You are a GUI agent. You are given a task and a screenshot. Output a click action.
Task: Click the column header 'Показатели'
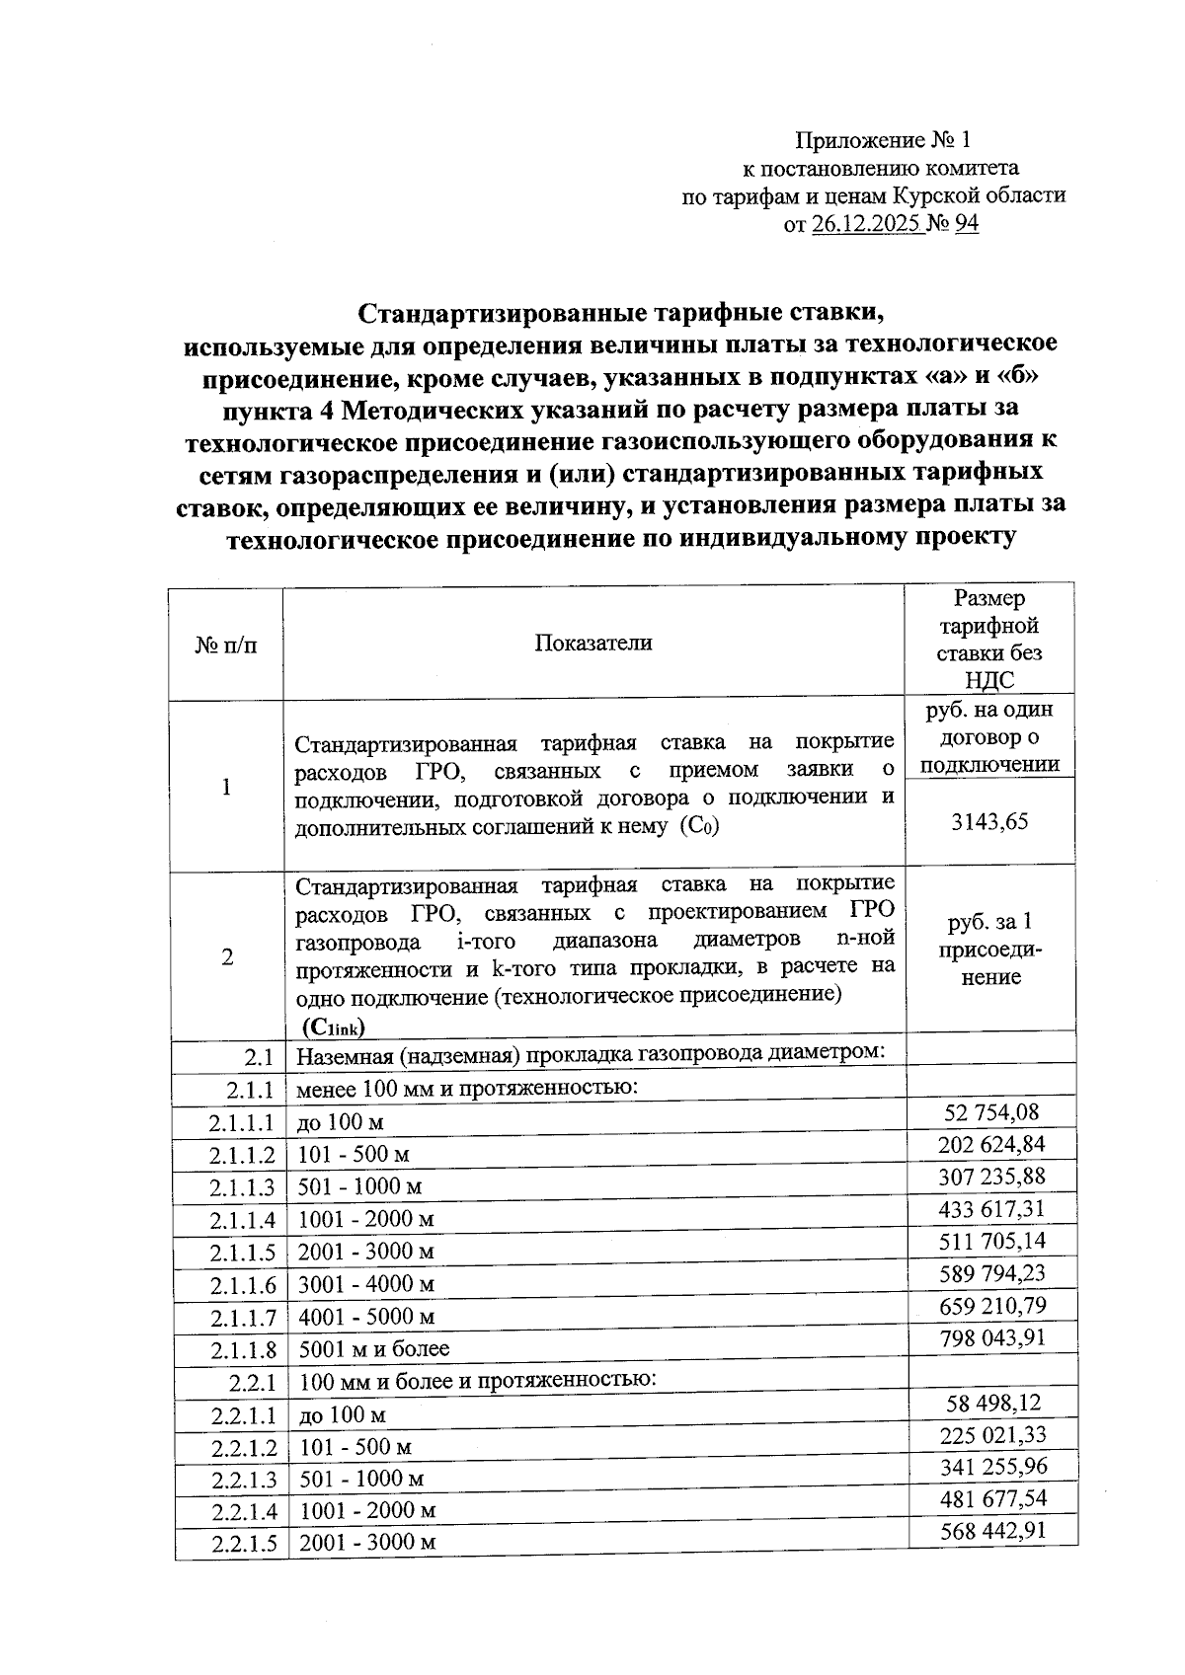(x=593, y=643)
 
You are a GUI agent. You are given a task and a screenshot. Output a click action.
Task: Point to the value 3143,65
(x=989, y=821)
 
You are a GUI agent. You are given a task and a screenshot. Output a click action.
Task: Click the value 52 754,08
(x=991, y=1112)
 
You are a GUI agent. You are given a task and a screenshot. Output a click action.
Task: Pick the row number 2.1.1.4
(x=242, y=1220)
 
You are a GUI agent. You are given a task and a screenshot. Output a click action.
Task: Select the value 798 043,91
(x=992, y=1338)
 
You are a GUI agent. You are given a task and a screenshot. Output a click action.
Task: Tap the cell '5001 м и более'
(x=374, y=1348)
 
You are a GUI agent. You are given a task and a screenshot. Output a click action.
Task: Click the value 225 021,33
(x=992, y=1434)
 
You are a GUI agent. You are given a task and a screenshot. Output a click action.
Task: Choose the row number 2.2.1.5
(x=243, y=1543)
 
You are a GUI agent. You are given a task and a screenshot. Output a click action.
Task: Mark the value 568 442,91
(x=992, y=1531)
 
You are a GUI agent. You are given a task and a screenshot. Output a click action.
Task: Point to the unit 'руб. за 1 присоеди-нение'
(x=990, y=950)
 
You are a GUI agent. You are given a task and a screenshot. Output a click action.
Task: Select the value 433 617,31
(x=992, y=1209)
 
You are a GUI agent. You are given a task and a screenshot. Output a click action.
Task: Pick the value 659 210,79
(x=992, y=1306)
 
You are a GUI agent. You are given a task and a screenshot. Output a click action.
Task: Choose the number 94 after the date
(x=966, y=224)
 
